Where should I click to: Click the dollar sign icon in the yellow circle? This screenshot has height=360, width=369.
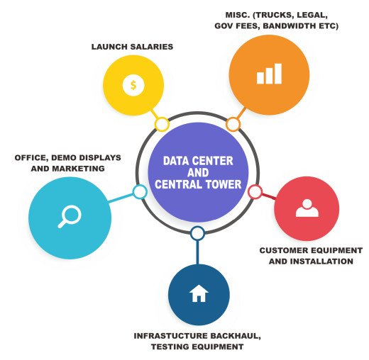tap(133, 85)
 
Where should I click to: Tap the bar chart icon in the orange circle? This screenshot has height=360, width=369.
tap(269, 74)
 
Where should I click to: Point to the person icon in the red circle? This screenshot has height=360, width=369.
tap(307, 208)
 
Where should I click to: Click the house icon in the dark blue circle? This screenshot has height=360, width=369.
tap(199, 293)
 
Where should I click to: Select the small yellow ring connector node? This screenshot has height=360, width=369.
tap(162, 124)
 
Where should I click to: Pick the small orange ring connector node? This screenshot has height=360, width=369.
tap(233, 124)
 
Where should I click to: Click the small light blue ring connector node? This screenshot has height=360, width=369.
tap(140, 192)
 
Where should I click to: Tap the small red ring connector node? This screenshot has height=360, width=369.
tap(255, 191)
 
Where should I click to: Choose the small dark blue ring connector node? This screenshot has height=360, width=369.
tap(197, 233)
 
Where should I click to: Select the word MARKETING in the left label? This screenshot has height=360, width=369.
tap(78, 169)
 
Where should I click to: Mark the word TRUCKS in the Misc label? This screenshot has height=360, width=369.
tap(274, 15)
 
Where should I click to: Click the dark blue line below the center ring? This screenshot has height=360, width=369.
tap(198, 252)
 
